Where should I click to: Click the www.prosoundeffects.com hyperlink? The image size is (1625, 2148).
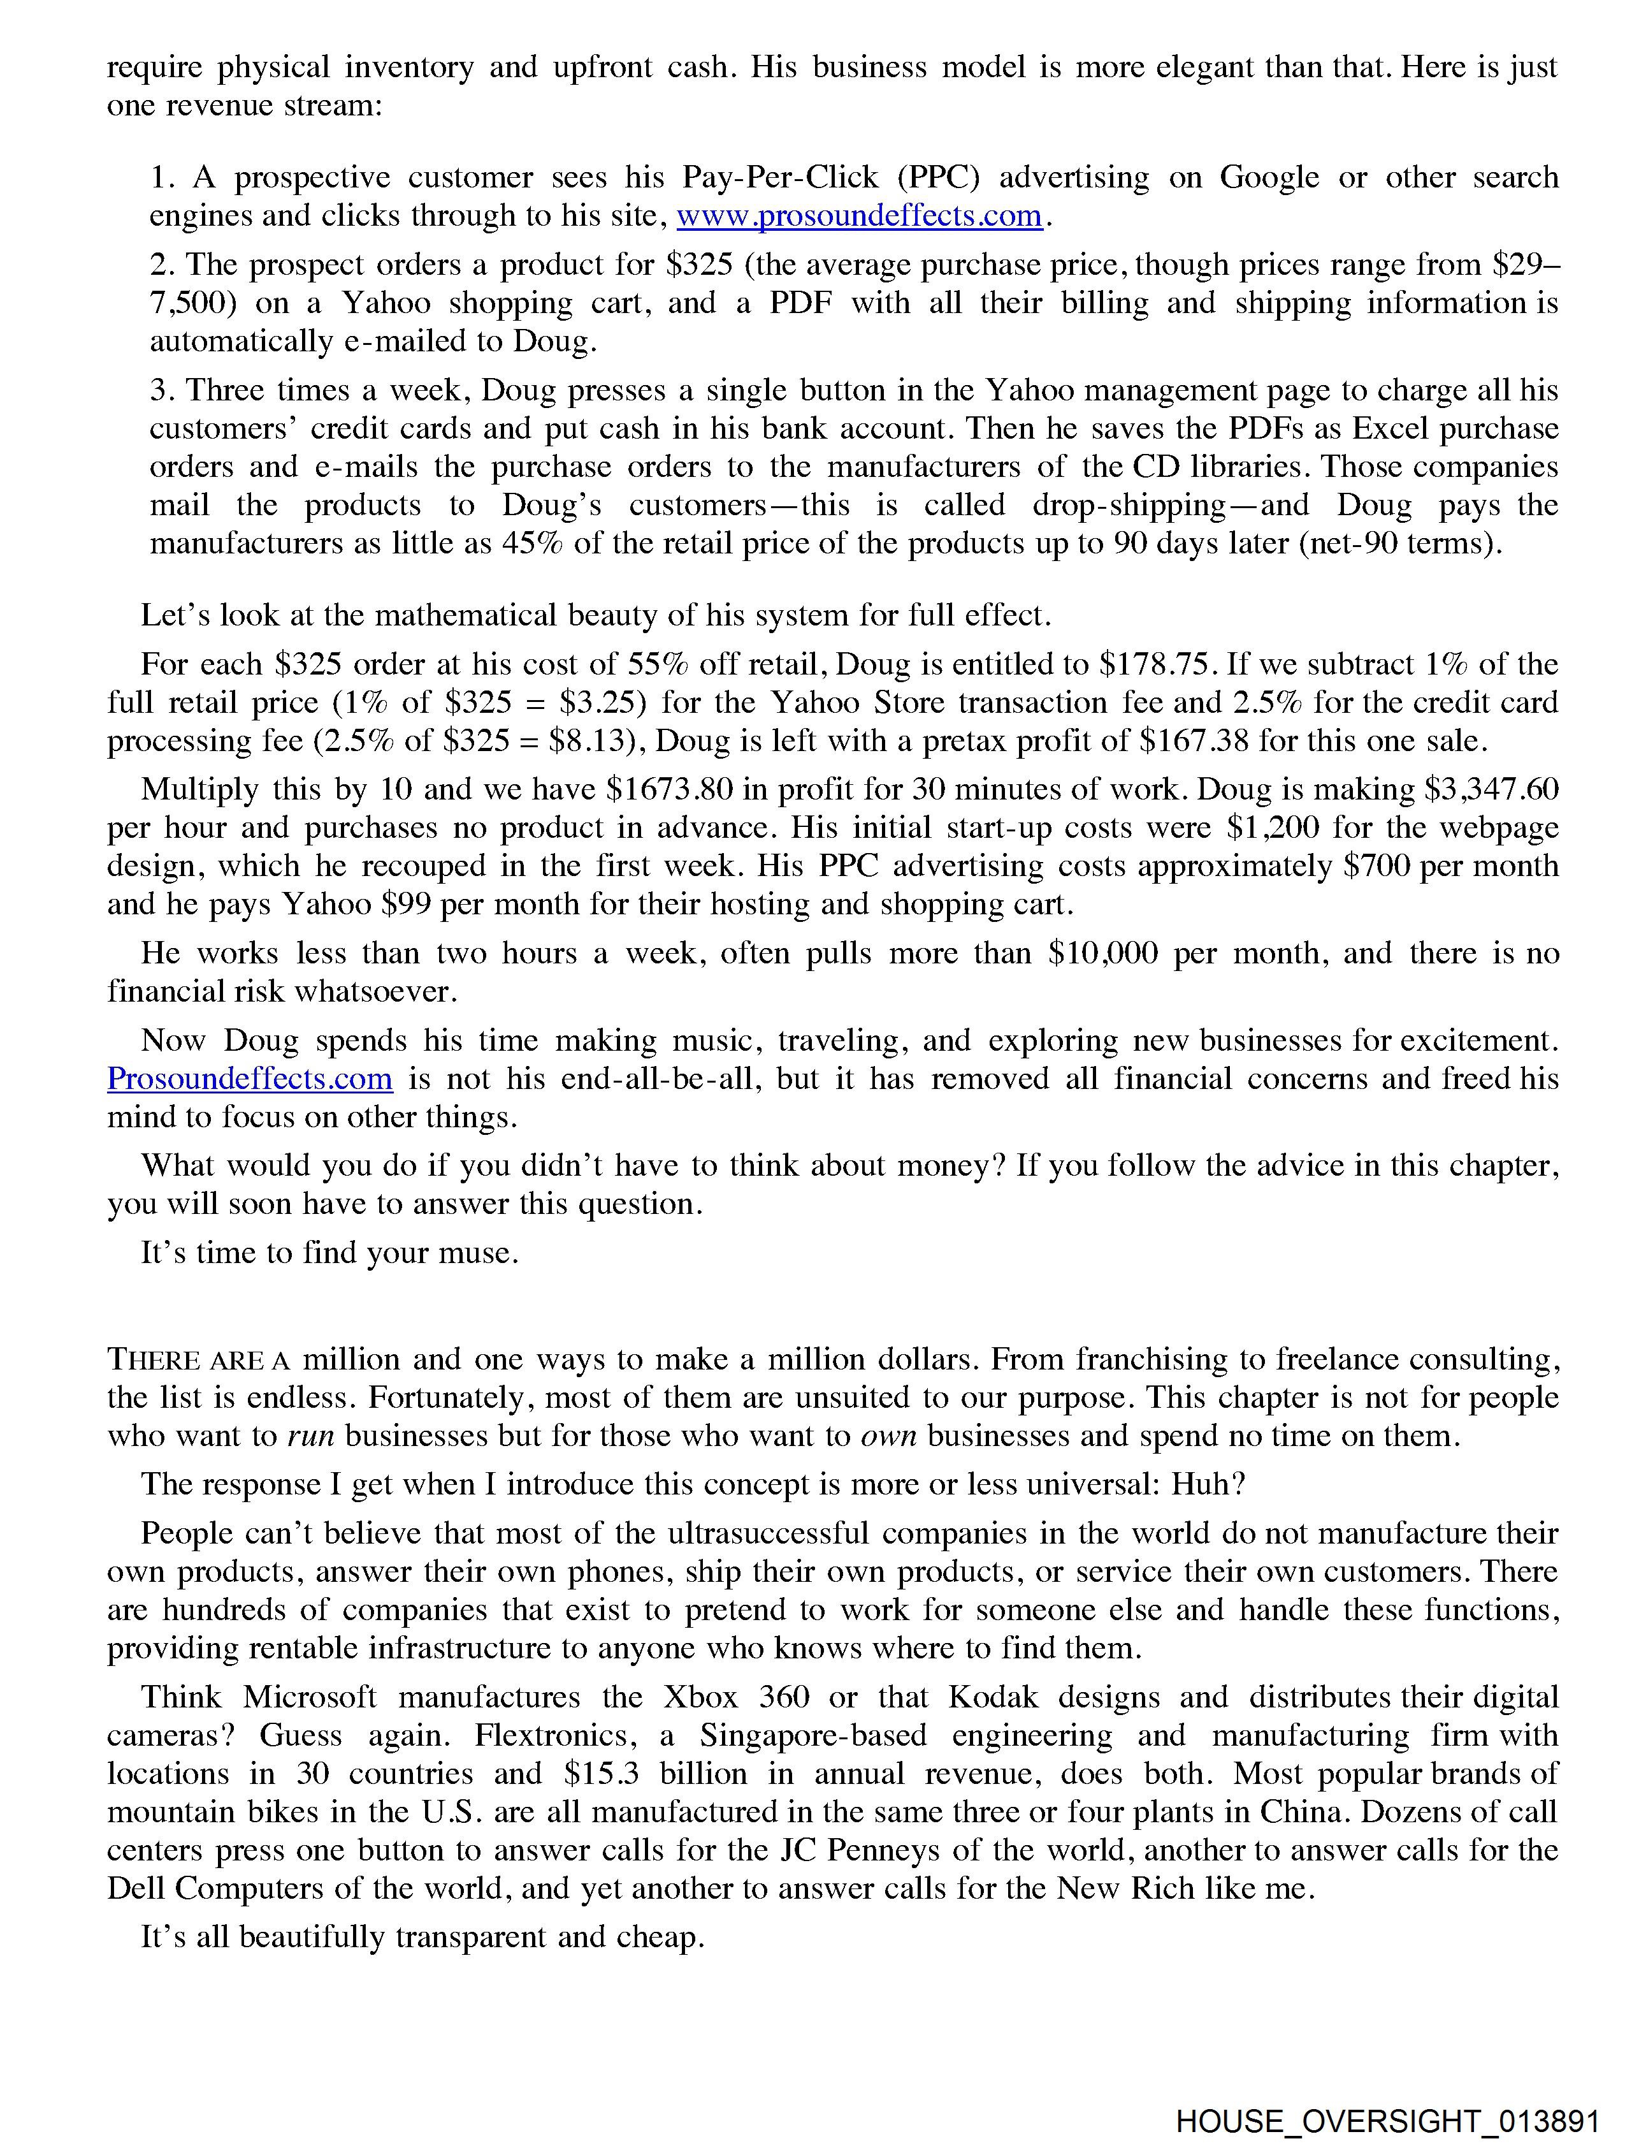tap(859, 216)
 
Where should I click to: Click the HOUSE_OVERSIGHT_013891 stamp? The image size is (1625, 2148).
tap(1387, 2122)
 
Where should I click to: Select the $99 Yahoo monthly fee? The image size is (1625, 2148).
tap(406, 904)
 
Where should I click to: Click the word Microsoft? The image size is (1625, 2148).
tap(308, 1697)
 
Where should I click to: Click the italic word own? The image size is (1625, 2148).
tap(888, 1436)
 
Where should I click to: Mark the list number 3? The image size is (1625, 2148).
tap(161, 390)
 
